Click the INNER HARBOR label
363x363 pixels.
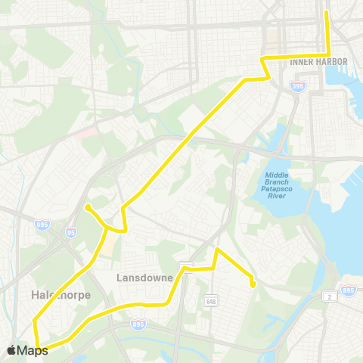point(318,62)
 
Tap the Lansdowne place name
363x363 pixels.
point(146,278)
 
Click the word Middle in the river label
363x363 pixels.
point(277,175)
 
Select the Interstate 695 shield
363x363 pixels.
point(42,225)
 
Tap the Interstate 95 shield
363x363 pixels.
point(70,232)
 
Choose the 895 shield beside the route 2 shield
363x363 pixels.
point(349,290)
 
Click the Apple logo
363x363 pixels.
point(11,350)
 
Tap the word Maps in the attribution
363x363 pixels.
point(33,350)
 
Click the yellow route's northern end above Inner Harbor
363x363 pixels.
point(327,12)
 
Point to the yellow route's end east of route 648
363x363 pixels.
point(253,284)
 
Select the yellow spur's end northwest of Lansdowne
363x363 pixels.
point(88,206)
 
